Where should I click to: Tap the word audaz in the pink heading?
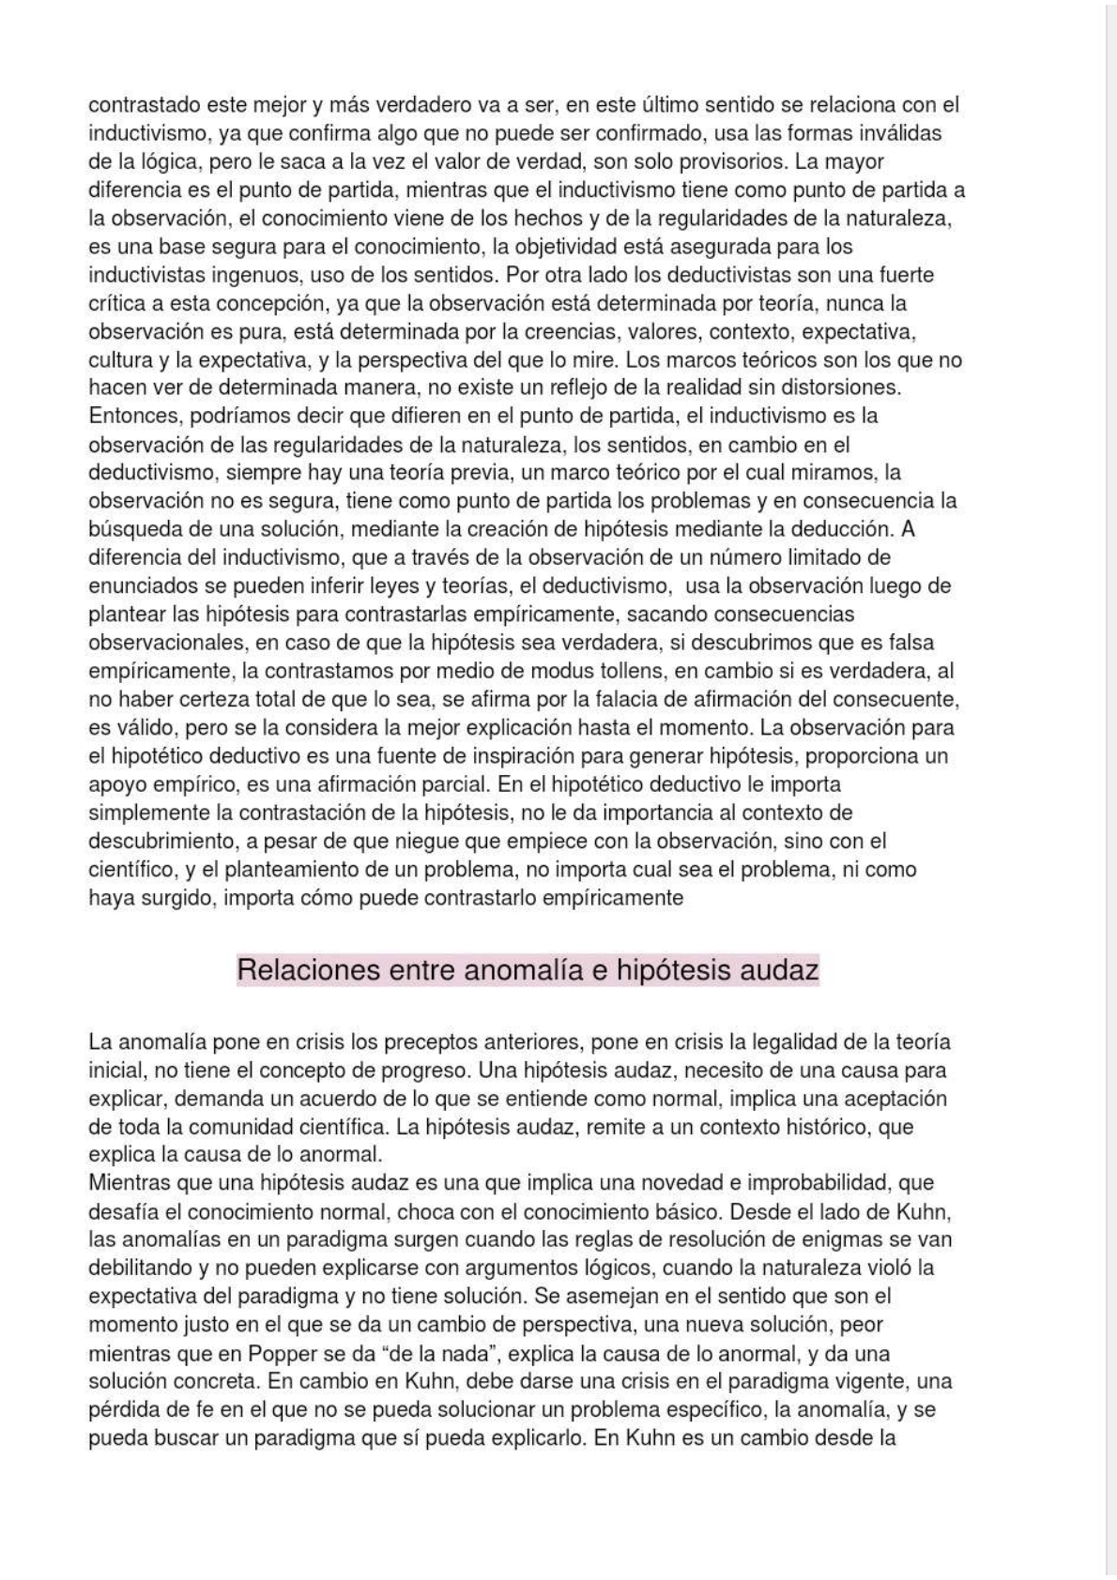click(x=780, y=969)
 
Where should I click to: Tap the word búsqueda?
click(x=130, y=529)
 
